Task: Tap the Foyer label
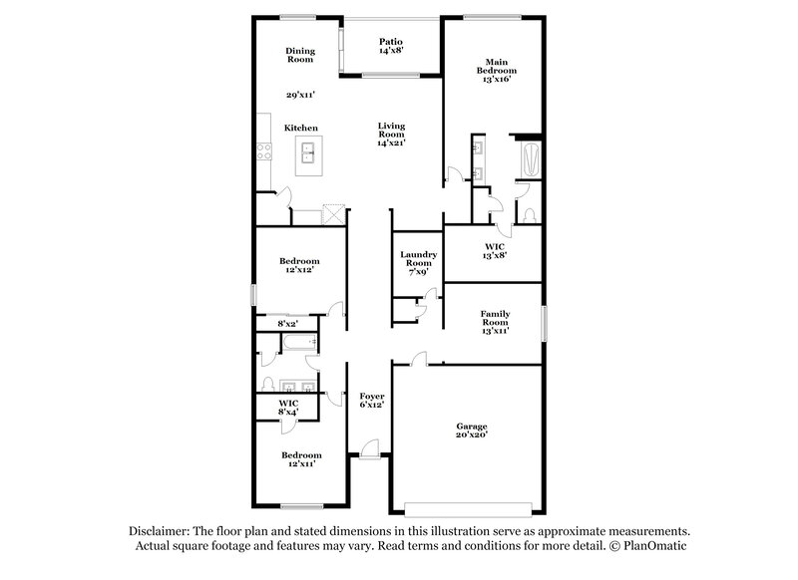[x=372, y=401]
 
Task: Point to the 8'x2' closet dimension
[x=287, y=323]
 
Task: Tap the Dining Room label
[x=300, y=55]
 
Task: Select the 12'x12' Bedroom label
[x=300, y=266]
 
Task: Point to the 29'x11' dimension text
[x=300, y=95]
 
